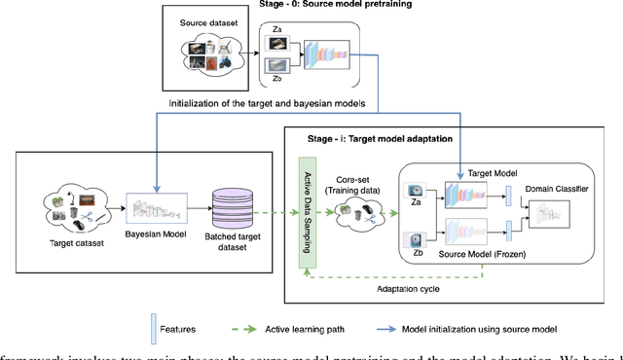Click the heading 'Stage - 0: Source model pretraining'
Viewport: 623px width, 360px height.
(x=335, y=5)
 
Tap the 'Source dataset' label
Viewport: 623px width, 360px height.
(x=210, y=21)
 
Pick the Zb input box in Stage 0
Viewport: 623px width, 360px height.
(x=276, y=68)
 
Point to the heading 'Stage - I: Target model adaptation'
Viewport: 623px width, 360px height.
(x=370, y=139)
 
